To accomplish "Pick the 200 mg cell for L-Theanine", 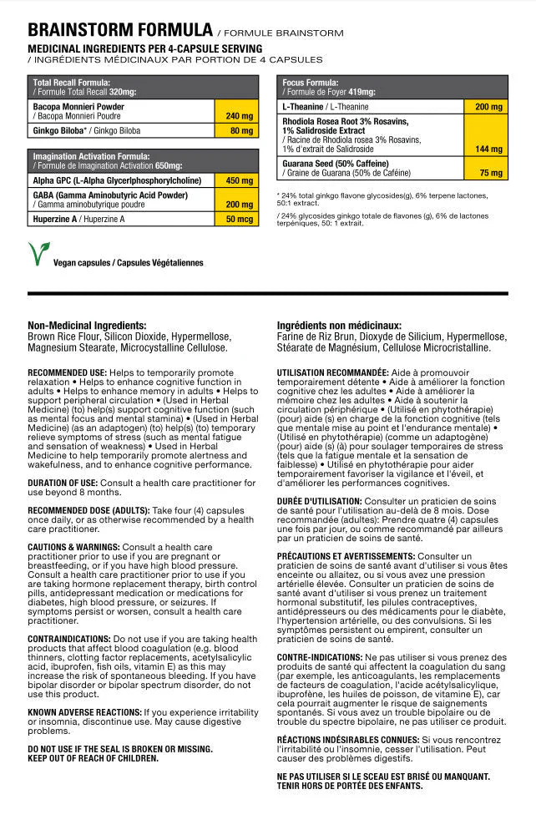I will pos(488,108).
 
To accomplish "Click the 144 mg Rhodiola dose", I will pos(488,149).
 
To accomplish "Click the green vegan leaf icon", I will pos(38,254).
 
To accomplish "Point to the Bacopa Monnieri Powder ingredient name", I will pos(78,107).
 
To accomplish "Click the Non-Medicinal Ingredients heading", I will pos(87,326).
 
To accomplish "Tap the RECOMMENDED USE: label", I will pos(67,372).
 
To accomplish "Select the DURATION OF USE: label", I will pos(63,483).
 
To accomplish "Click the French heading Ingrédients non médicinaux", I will pos(339,326).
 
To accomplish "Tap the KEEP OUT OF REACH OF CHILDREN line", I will pos(93,758).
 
